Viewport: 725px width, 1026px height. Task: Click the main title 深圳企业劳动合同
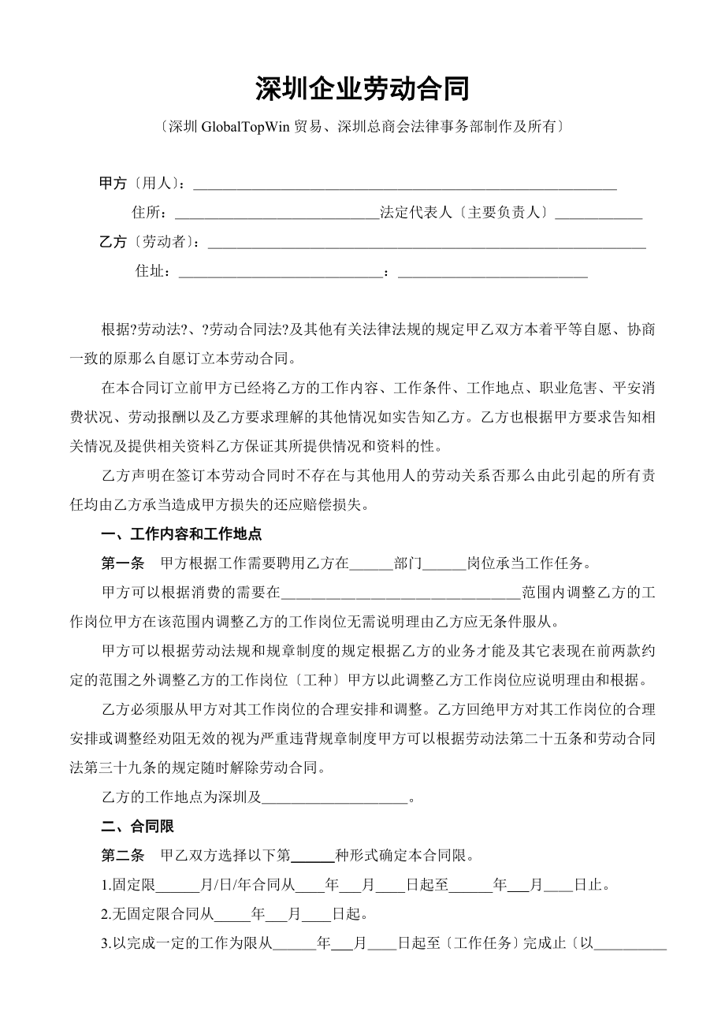(362, 90)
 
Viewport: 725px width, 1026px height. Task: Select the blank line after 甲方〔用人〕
(404, 186)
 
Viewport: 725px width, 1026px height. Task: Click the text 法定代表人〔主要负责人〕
(464, 213)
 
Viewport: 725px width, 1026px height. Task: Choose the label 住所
(149, 213)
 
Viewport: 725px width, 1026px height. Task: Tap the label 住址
(153, 271)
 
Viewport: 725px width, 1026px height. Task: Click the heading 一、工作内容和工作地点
(182, 534)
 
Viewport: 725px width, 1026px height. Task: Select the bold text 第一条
(123, 563)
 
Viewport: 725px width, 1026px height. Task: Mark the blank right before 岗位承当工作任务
(445, 565)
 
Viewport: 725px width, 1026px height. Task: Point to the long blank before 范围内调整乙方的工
(400, 593)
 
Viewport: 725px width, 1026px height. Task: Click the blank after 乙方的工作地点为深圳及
(334, 798)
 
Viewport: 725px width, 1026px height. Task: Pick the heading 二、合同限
(138, 827)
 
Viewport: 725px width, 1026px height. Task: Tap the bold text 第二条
(123, 856)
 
